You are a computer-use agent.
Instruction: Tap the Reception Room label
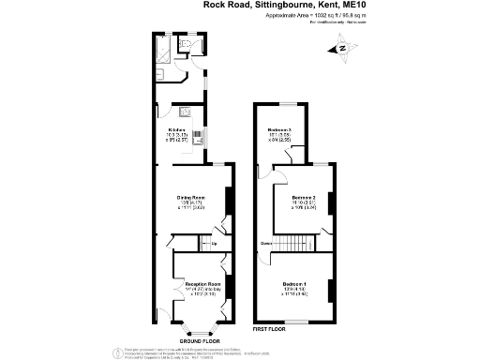[202, 283]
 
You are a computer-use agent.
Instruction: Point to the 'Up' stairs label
[214, 245]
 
